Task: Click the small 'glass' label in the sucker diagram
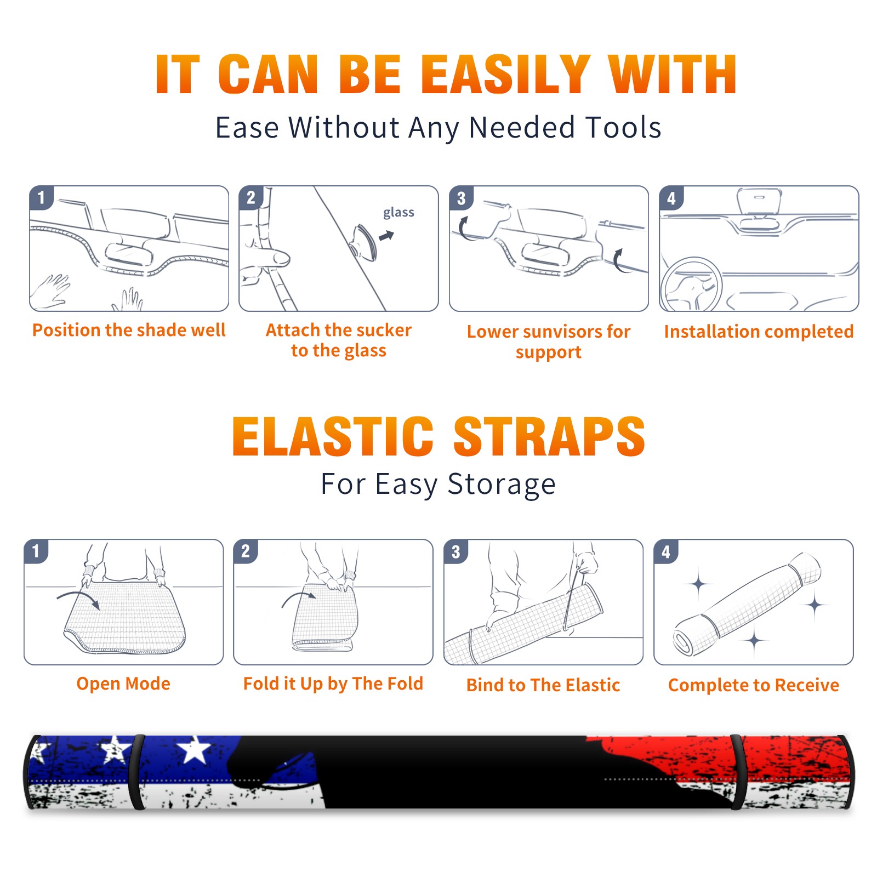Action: [398, 213]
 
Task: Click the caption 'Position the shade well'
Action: [129, 330]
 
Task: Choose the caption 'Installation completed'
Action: [759, 332]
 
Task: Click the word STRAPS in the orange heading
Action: [549, 436]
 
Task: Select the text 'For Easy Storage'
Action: [438, 485]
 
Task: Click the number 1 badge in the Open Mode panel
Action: [36, 551]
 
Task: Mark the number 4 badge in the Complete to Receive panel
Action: [666, 551]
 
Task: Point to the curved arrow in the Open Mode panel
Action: [78, 596]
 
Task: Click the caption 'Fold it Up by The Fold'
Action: [333, 684]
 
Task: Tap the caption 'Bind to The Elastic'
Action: [543, 685]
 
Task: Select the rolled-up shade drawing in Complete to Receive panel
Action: [747, 605]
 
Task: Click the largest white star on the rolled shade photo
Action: [194, 750]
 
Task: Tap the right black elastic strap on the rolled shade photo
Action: [737, 772]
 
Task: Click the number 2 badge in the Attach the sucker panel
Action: [251, 197]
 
